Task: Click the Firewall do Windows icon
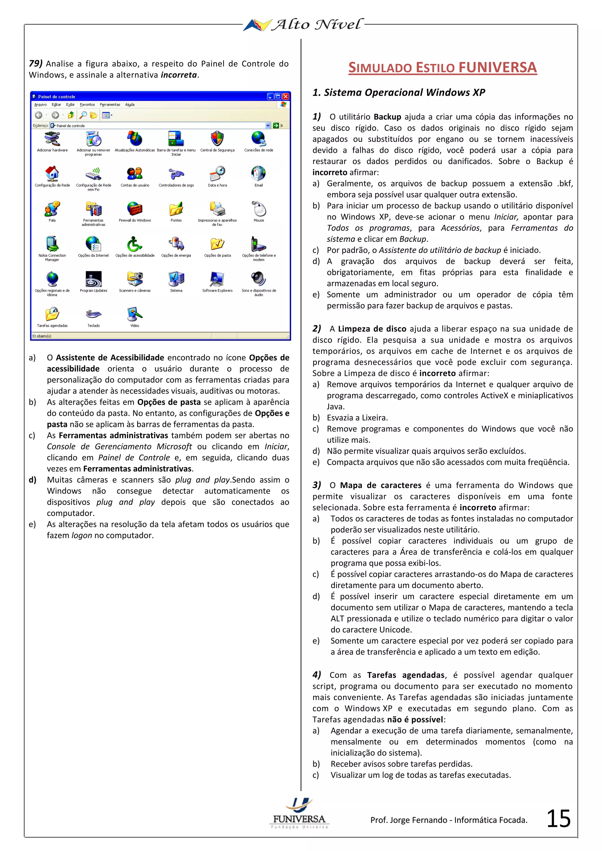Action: click(135, 209)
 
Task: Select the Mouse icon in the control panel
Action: click(259, 209)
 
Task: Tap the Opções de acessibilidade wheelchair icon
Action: click(135, 244)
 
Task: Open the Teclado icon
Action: click(93, 314)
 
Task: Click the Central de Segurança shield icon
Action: click(217, 139)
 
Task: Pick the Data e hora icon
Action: click(217, 173)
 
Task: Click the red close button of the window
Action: click(285, 96)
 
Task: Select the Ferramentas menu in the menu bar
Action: click(110, 105)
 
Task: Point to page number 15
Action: click(558, 818)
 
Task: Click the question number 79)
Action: click(36, 63)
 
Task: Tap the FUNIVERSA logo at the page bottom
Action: click(299, 814)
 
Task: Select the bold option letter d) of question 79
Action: click(33, 480)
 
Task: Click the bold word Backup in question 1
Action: click(387, 117)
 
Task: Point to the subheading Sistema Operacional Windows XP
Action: click(399, 93)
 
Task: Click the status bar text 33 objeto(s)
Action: click(41, 336)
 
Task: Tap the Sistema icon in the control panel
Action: click(176, 279)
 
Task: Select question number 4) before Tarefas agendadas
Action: click(317, 675)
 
